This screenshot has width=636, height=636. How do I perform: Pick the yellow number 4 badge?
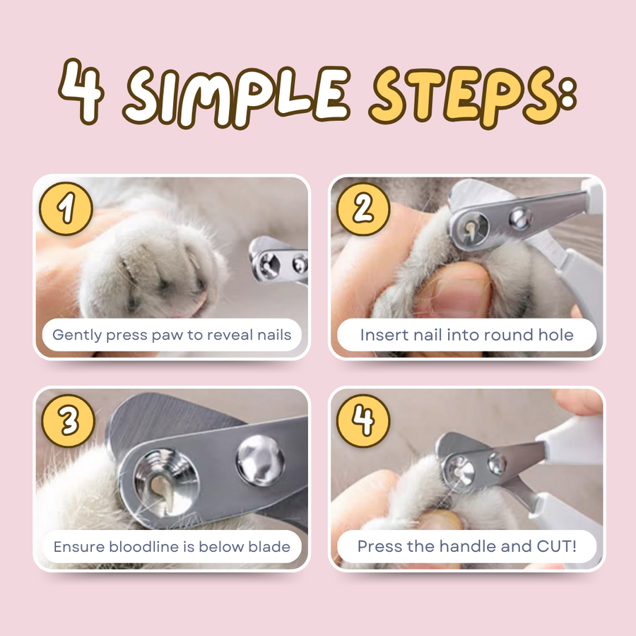pyautogui.click(x=363, y=421)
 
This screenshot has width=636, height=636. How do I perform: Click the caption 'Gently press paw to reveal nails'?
pyautogui.click(x=172, y=334)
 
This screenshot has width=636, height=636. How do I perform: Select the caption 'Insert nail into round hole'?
pyautogui.click(x=467, y=334)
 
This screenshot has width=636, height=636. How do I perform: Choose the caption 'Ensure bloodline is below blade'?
pyautogui.click(x=172, y=546)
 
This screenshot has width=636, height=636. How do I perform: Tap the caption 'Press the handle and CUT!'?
pyautogui.click(x=467, y=546)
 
